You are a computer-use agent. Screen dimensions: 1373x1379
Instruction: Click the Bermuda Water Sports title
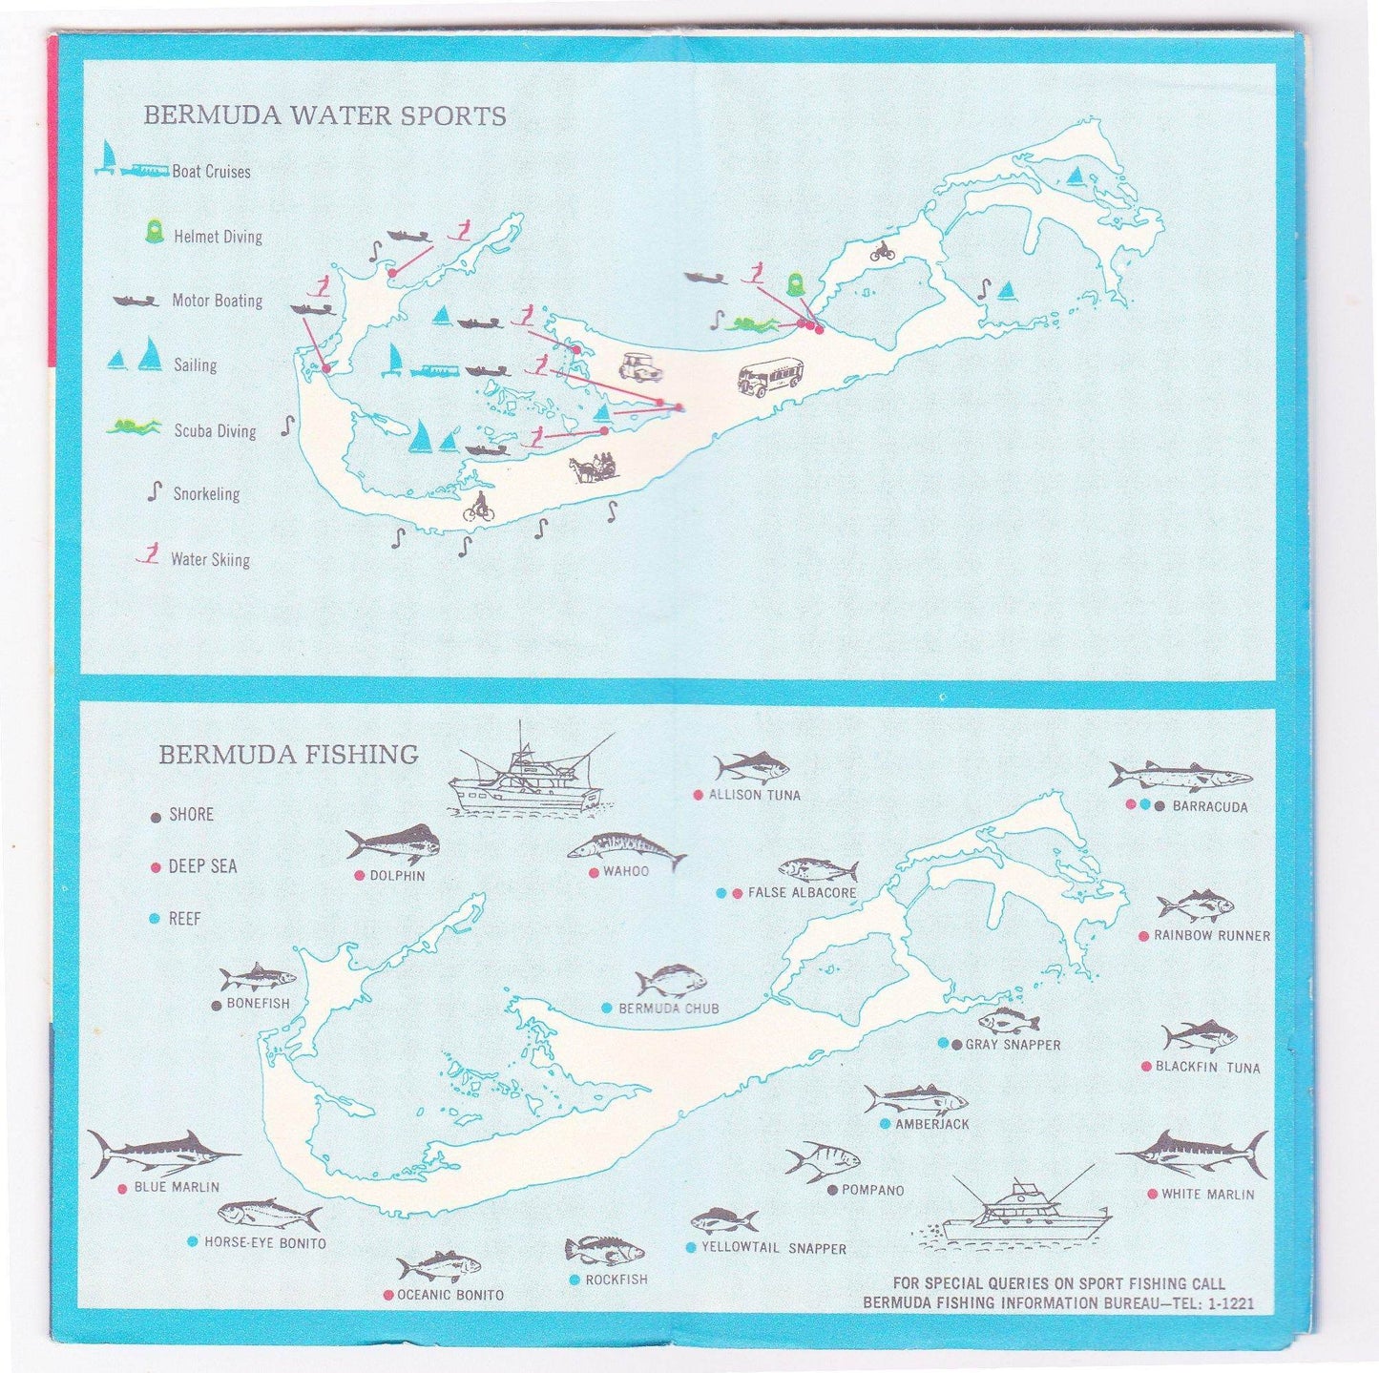tap(324, 116)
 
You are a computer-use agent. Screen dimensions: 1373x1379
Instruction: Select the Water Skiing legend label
tap(210, 560)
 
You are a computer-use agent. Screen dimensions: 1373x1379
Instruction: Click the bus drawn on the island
tap(770, 376)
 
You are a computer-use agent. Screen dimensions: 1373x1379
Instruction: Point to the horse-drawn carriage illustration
tap(593, 468)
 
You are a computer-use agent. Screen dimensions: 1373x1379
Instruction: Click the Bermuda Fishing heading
tap(288, 755)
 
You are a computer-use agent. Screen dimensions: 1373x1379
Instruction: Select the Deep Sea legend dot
tap(156, 867)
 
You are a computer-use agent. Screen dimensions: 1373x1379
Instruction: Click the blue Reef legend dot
tap(156, 919)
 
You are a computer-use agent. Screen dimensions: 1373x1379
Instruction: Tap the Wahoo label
tap(625, 871)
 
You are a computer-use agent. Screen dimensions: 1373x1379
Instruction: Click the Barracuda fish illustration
tap(1179, 776)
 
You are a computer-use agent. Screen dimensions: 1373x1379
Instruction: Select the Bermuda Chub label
tap(668, 1009)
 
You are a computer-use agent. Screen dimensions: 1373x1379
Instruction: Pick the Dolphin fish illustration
tap(392, 843)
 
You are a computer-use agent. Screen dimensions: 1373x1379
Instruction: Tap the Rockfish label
tap(616, 1279)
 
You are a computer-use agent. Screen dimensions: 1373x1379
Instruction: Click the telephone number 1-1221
tap(1229, 1303)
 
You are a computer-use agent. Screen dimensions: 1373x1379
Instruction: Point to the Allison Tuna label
tap(754, 795)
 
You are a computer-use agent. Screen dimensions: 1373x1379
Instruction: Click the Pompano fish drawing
tap(821, 1161)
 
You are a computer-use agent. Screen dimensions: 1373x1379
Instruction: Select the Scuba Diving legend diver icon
tap(135, 426)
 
